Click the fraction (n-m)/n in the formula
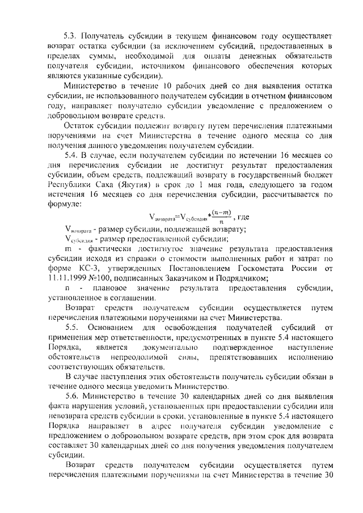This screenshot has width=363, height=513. pos(213,217)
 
